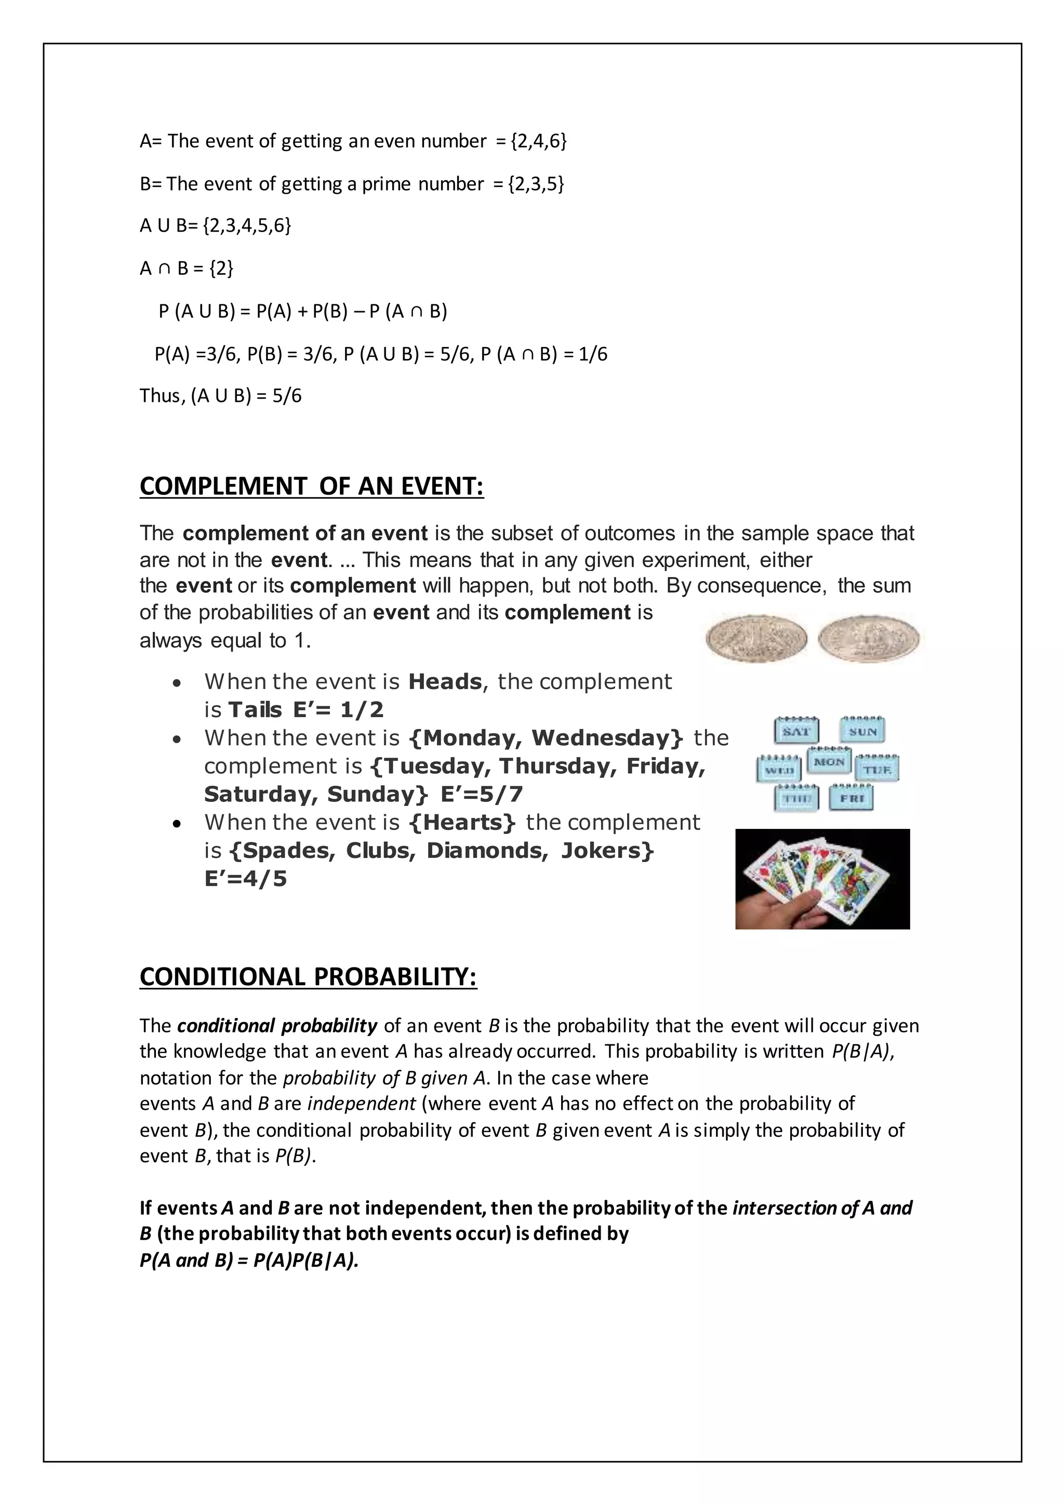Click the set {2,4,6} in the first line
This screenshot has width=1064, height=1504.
pyautogui.click(x=539, y=141)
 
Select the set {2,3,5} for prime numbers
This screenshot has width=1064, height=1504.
pyautogui.click(x=536, y=183)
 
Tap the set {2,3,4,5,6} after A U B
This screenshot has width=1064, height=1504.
pyautogui.click(x=247, y=225)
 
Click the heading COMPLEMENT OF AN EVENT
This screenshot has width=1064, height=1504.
pyautogui.click(x=312, y=486)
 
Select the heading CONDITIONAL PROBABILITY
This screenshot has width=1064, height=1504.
pyautogui.click(x=308, y=977)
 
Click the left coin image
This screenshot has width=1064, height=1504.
pyautogui.click(x=756, y=638)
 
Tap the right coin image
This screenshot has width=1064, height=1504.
pyautogui.click(x=869, y=638)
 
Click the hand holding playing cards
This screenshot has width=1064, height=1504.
pyautogui.click(x=822, y=879)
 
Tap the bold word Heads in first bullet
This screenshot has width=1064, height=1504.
pyautogui.click(x=445, y=682)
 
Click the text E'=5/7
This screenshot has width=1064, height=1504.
pyautogui.click(x=482, y=795)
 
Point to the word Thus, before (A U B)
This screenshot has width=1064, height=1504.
pyautogui.click(x=163, y=396)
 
